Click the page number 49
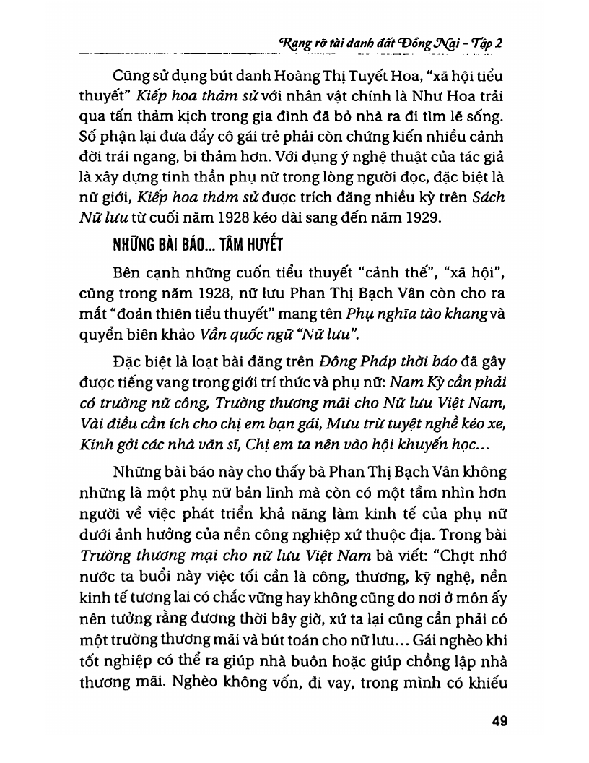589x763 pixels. coord(500,720)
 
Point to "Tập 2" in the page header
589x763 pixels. coord(486,43)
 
